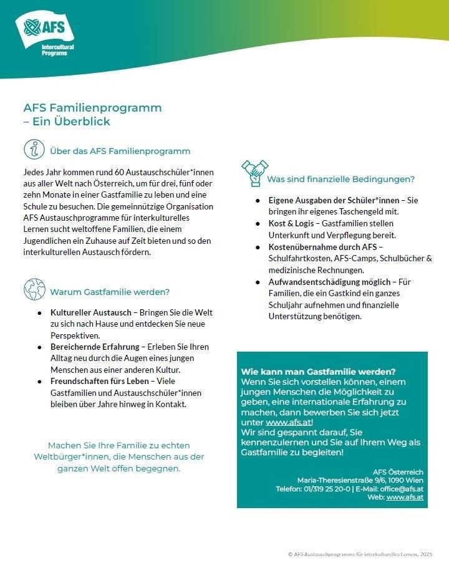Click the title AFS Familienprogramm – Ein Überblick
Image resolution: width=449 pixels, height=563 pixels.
(x=92, y=114)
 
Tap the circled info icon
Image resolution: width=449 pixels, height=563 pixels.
(x=34, y=150)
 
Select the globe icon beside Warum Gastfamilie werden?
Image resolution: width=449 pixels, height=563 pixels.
(x=34, y=290)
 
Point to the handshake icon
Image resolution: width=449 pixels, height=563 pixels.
(x=254, y=173)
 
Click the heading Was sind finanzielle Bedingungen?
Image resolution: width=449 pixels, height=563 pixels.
(x=340, y=180)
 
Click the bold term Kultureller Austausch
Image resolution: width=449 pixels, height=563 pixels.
(x=91, y=312)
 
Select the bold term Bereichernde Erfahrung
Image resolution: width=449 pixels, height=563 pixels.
(x=94, y=347)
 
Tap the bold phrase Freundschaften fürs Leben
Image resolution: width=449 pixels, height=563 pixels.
(x=99, y=381)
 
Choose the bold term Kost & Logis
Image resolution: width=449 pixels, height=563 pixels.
(x=292, y=224)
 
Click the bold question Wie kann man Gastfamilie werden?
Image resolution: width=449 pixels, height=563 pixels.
(x=318, y=372)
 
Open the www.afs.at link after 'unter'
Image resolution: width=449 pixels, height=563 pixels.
(x=288, y=422)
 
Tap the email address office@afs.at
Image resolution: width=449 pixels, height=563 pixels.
(x=403, y=488)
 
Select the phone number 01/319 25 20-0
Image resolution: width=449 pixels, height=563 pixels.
(x=324, y=488)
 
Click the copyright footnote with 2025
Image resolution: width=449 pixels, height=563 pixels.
(x=360, y=554)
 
